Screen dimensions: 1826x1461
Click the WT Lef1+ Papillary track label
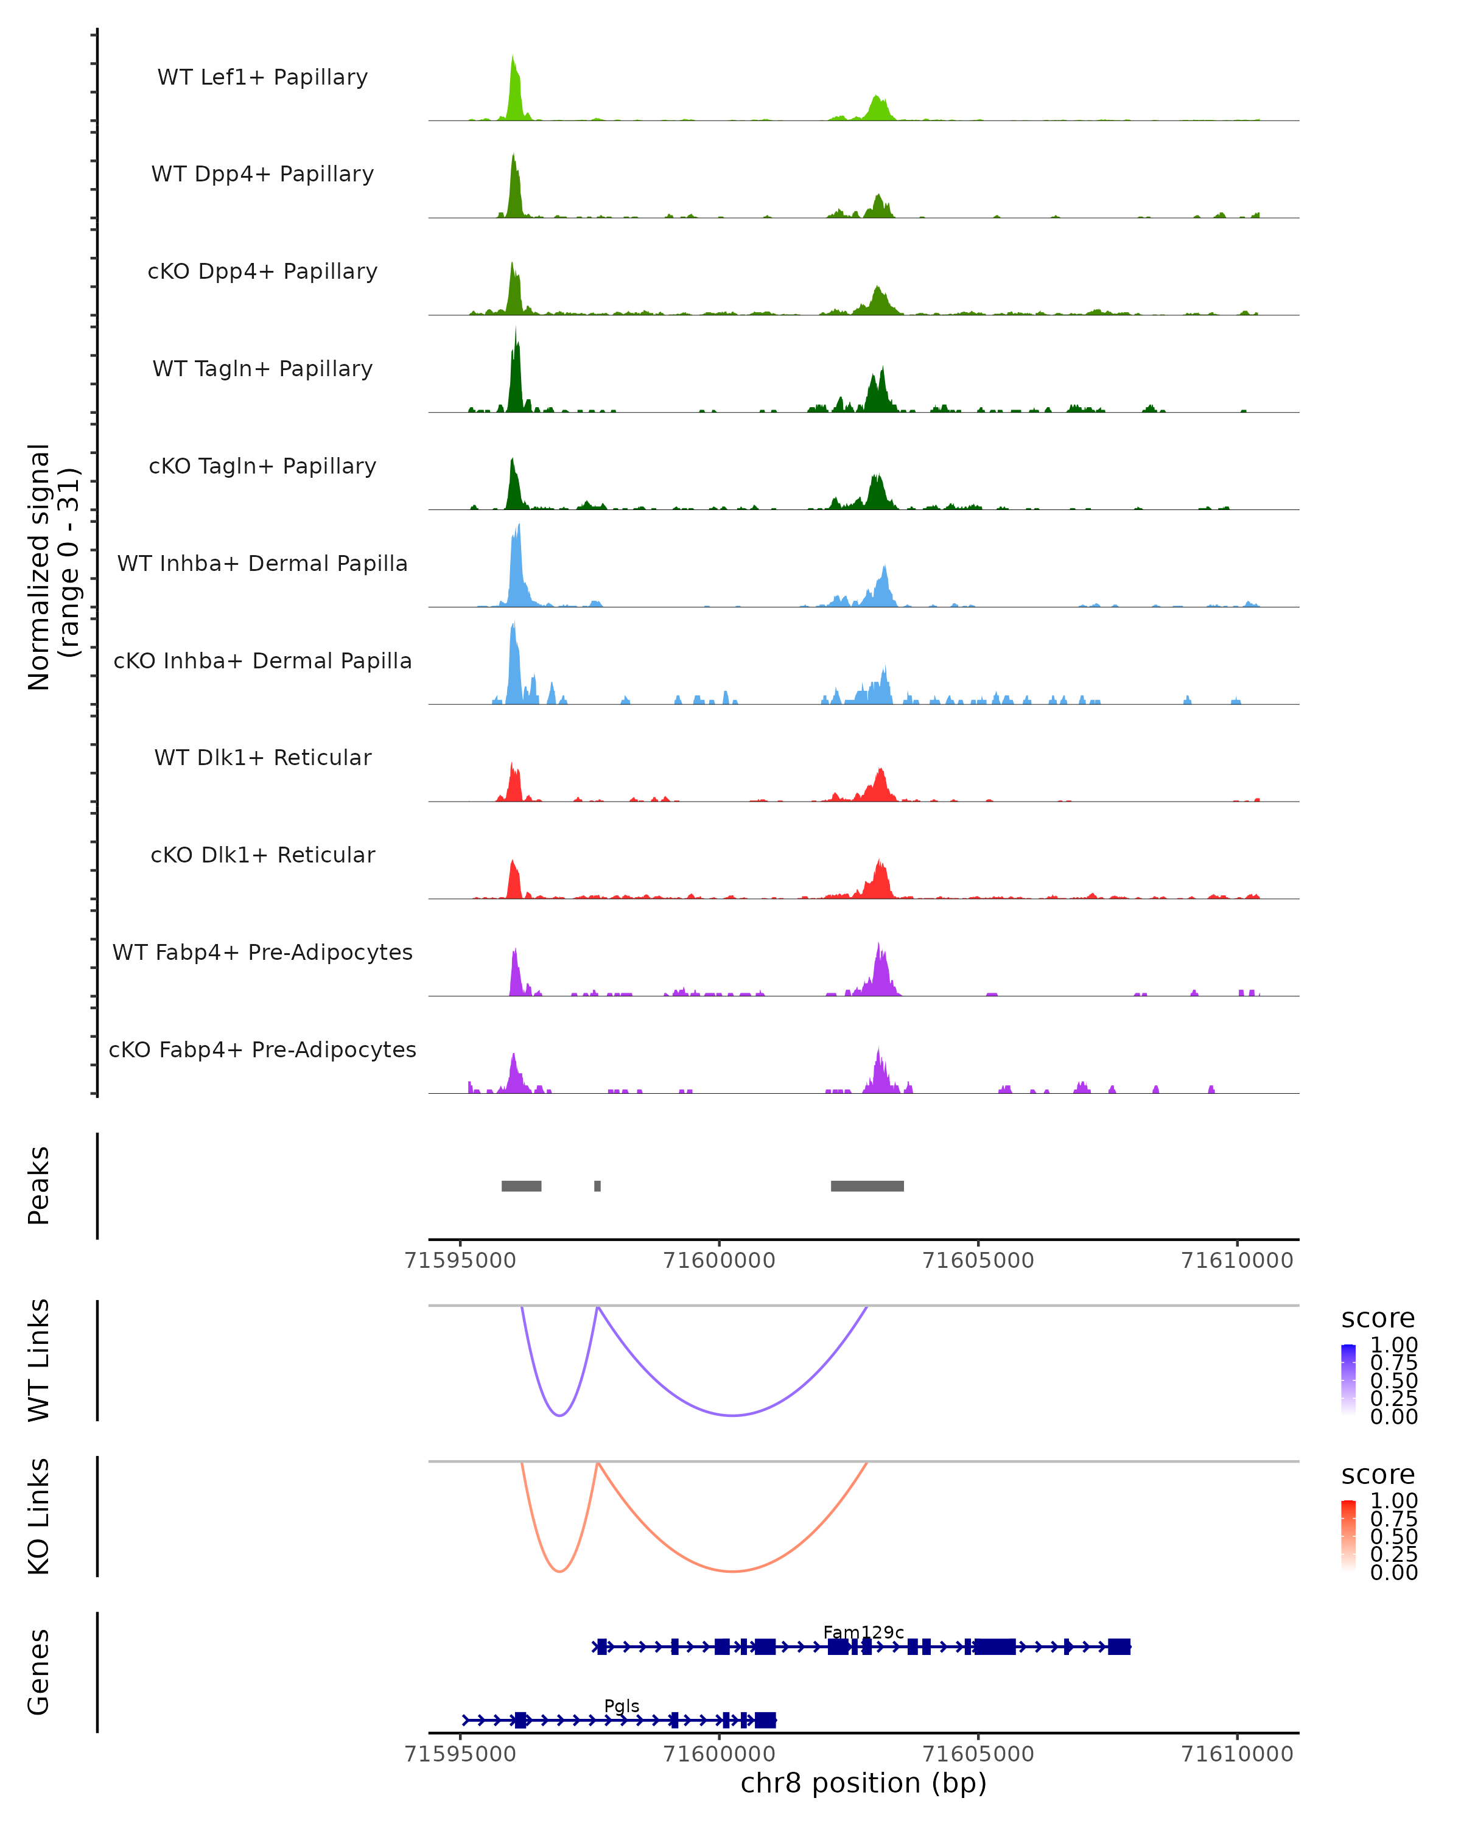click(x=262, y=77)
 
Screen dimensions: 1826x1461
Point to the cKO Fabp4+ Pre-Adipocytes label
click(x=262, y=1049)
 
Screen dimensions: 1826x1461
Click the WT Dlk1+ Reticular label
click(x=262, y=757)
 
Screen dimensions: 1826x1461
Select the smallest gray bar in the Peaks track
click(x=597, y=1186)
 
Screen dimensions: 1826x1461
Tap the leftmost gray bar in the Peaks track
click(x=521, y=1186)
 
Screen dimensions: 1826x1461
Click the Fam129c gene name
click(x=863, y=1632)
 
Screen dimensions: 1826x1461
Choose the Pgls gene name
click(x=621, y=1705)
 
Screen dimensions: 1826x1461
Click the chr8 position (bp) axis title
click(x=863, y=1783)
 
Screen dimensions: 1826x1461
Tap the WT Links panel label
click(x=39, y=1360)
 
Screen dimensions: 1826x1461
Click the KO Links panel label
click(x=39, y=1516)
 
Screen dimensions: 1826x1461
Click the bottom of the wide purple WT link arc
click(x=732, y=1415)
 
